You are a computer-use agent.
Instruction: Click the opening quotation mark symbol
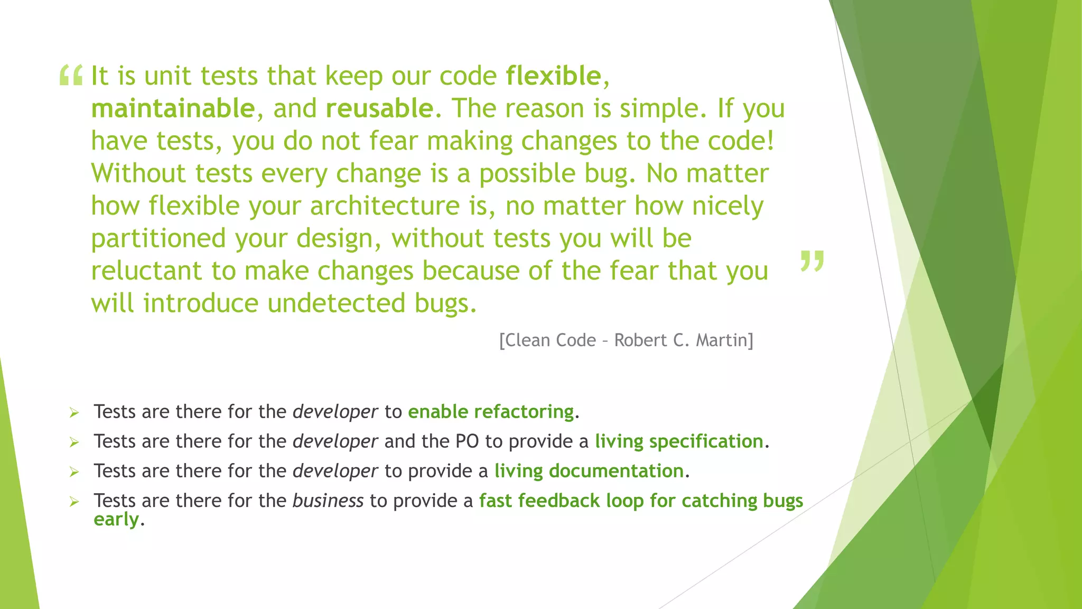(x=71, y=75)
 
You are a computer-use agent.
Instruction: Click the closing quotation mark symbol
(x=812, y=261)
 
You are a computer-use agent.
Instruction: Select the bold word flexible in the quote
(x=553, y=76)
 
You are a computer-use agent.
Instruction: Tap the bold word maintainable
(x=173, y=109)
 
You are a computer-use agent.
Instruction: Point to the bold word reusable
(x=379, y=109)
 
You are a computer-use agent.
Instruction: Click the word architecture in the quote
(x=385, y=206)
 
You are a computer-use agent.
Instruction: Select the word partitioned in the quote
(x=158, y=238)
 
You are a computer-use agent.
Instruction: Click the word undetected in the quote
(x=336, y=303)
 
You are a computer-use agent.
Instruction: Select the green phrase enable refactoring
(x=491, y=412)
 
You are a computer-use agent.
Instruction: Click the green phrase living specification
(x=679, y=441)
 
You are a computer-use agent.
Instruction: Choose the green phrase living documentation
(x=589, y=471)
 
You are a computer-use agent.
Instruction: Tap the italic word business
(x=328, y=501)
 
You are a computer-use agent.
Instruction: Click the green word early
(x=116, y=520)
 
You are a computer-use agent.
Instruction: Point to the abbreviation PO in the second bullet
(x=467, y=441)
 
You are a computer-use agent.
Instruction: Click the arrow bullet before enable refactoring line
(x=74, y=412)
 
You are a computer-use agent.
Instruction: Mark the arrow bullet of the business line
(x=74, y=501)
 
